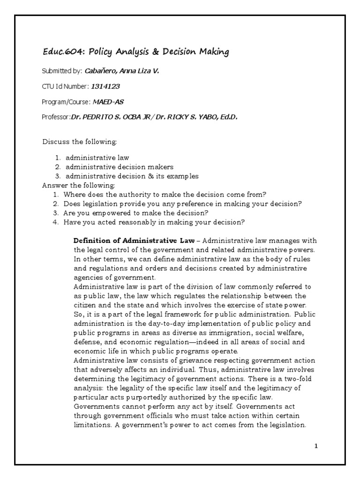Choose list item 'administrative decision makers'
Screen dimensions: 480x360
pyautogui.click(x=119, y=167)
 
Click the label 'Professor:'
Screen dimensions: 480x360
pyautogui.click(x=56, y=117)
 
